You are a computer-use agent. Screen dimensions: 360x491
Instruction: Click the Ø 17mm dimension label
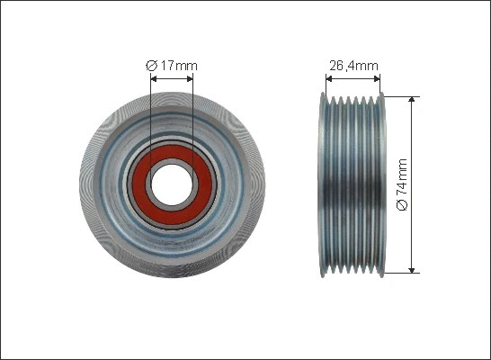[x=171, y=65]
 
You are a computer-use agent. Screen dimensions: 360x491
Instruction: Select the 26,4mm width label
[x=352, y=65]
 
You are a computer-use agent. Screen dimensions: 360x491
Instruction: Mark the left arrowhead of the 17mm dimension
[x=154, y=78]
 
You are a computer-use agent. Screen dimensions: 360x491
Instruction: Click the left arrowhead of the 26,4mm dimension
[x=326, y=78]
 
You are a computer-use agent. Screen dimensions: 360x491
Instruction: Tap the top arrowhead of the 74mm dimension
[x=413, y=99]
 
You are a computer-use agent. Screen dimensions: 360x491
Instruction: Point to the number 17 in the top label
[x=166, y=65]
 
